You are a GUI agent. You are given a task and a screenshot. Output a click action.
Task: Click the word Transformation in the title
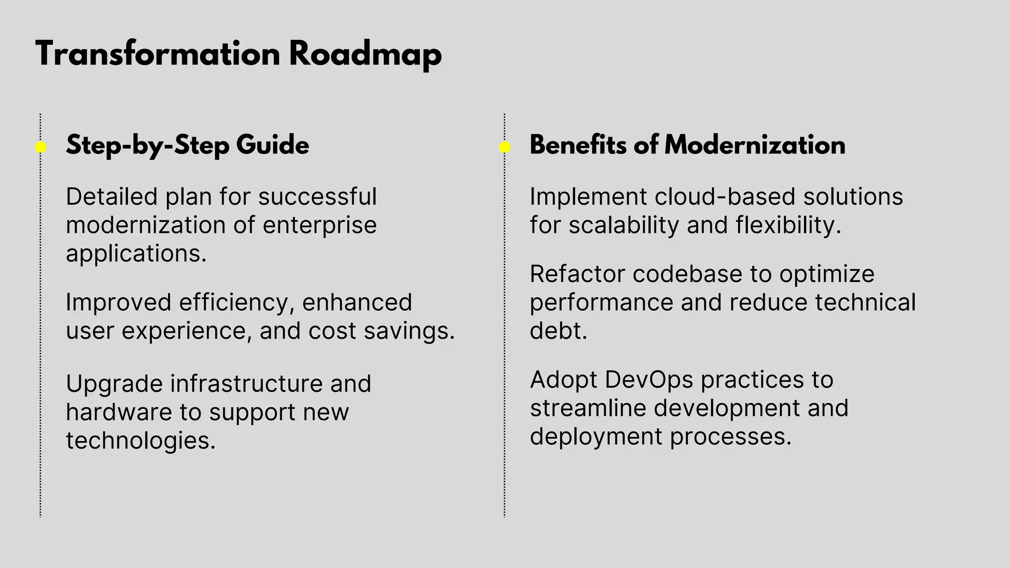point(158,54)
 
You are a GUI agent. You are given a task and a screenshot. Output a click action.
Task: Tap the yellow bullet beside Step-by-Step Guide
point(40,147)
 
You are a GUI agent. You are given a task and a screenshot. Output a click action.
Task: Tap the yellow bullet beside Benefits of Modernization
point(504,147)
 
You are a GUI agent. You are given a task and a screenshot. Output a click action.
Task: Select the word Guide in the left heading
point(272,146)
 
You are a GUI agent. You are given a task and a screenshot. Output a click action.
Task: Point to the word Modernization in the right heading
point(754,145)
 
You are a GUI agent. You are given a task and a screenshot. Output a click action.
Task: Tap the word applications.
point(136,254)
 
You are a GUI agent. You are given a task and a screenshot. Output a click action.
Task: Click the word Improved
point(118,302)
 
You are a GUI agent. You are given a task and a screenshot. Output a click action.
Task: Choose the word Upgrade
point(114,384)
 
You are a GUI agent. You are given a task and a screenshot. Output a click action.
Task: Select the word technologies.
point(140,440)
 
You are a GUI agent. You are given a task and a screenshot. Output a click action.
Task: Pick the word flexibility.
point(788,225)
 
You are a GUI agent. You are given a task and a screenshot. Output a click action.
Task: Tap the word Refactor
point(577,274)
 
